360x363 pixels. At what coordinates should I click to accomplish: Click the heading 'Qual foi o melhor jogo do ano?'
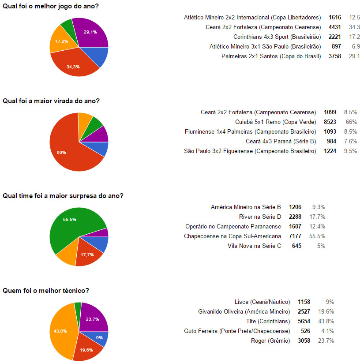coord(51,6)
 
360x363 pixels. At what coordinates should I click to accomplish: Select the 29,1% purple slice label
coord(90,32)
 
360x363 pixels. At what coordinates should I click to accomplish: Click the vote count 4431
coord(335,27)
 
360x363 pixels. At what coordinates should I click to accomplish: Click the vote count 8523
coord(330,122)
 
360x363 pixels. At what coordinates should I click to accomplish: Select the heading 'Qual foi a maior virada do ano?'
coord(51,101)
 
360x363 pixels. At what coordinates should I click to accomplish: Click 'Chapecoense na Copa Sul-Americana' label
coord(232,236)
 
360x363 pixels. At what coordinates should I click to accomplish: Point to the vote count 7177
coord(295,236)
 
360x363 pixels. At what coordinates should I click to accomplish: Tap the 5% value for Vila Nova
coord(321,246)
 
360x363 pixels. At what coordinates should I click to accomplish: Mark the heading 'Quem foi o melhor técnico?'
coord(46,291)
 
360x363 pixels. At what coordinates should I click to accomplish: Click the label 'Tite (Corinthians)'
coord(268,321)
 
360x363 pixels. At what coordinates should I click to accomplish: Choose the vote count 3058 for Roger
coord(304,341)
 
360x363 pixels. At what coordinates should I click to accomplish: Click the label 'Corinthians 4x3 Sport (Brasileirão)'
coord(277,37)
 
